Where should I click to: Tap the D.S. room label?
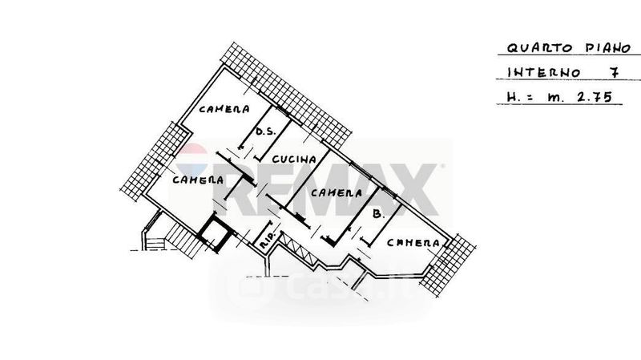coord(264,133)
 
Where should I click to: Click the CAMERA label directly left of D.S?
coord(224,109)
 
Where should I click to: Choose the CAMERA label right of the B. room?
coord(413,241)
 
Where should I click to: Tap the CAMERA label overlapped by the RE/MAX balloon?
coord(197,180)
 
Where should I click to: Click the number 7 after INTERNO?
coord(614,72)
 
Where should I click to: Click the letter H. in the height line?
coord(514,99)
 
